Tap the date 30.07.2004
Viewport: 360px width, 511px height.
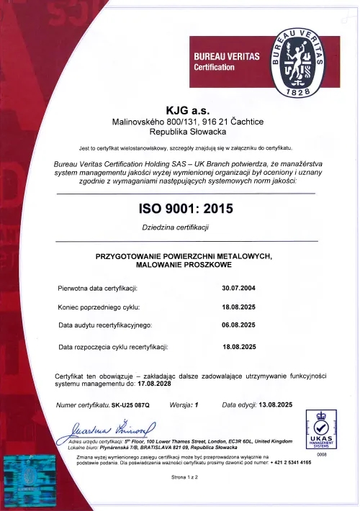pyautogui.click(x=239, y=288)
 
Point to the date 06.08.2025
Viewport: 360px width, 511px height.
pyautogui.click(x=239, y=325)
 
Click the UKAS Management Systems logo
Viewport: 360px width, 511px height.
pyautogui.click(x=318, y=430)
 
